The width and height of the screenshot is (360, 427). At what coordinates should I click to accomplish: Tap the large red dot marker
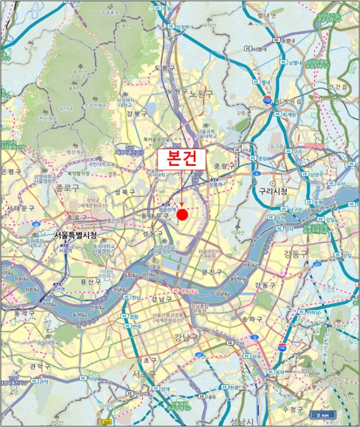point(182,206)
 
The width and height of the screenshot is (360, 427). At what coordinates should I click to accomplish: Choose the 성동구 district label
point(153,234)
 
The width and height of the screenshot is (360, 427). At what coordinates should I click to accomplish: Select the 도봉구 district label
point(165,68)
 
